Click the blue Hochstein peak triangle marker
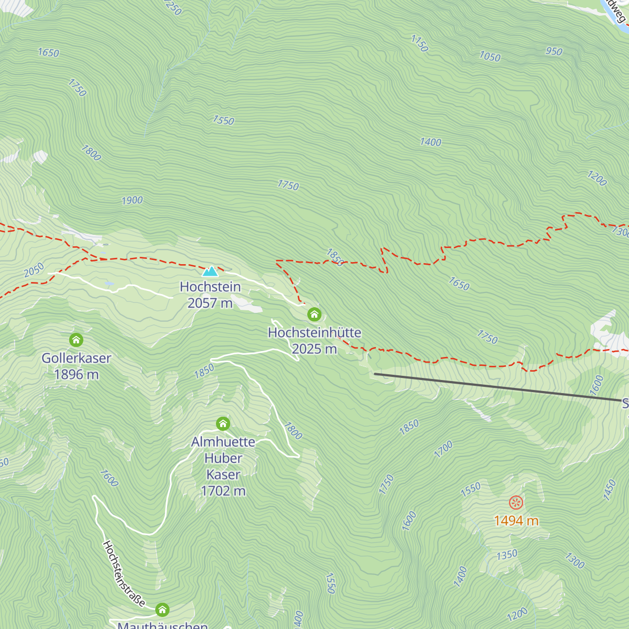pyautogui.click(x=210, y=271)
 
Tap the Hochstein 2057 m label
pyautogui.click(x=210, y=295)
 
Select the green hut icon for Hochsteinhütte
pyautogui.click(x=314, y=314)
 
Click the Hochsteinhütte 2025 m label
pyautogui.click(x=314, y=341)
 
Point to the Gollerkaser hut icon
pyautogui.click(x=76, y=340)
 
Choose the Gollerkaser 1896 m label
pyautogui.click(x=77, y=366)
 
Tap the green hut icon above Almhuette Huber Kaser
pyautogui.click(x=223, y=424)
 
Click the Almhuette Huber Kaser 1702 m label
pyautogui.click(x=223, y=466)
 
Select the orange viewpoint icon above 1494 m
pyautogui.click(x=516, y=503)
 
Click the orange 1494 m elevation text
pyautogui.click(x=516, y=520)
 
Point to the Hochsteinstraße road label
pyautogui.click(x=124, y=574)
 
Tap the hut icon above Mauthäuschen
pyautogui.click(x=162, y=610)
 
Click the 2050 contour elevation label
pyautogui.click(x=34, y=270)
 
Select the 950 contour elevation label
pyautogui.click(x=554, y=51)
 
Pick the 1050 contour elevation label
pyautogui.click(x=490, y=57)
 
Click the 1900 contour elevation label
pyautogui.click(x=132, y=200)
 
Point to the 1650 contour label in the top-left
pyautogui.click(x=48, y=52)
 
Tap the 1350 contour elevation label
pyautogui.click(x=507, y=555)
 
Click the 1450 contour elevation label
pyautogui.click(x=609, y=490)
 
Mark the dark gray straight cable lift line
pyautogui.click(x=498, y=387)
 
